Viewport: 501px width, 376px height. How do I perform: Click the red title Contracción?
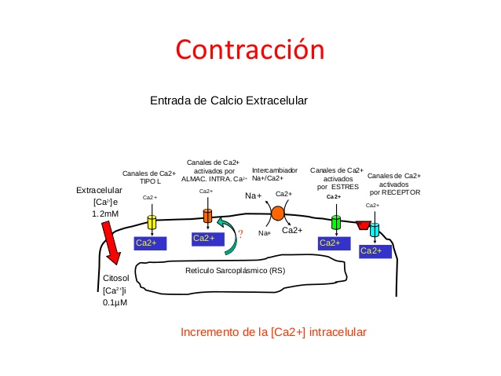click(x=250, y=49)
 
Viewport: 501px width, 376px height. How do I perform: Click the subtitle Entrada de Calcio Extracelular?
click(x=229, y=100)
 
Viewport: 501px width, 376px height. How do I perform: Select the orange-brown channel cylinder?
click(x=207, y=215)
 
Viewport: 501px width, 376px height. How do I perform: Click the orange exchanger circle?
click(x=277, y=213)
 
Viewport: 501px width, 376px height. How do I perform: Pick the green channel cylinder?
click(x=336, y=222)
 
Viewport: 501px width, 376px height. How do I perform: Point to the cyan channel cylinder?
click(x=375, y=230)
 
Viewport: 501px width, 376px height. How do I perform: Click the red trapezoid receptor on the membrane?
click(x=363, y=225)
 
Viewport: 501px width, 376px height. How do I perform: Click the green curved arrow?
click(x=227, y=236)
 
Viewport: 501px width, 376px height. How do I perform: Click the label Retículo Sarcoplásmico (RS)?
click(x=235, y=271)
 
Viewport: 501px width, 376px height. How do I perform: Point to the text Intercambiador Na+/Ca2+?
click(x=275, y=174)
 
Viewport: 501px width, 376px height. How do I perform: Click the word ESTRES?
click(x=344, y=187)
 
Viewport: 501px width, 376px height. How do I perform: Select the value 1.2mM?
click(x=106, y=213)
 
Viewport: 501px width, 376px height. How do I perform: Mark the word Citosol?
click(x=118, y=279)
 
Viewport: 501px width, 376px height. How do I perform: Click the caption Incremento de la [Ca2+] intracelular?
click(x=273, y=332)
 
